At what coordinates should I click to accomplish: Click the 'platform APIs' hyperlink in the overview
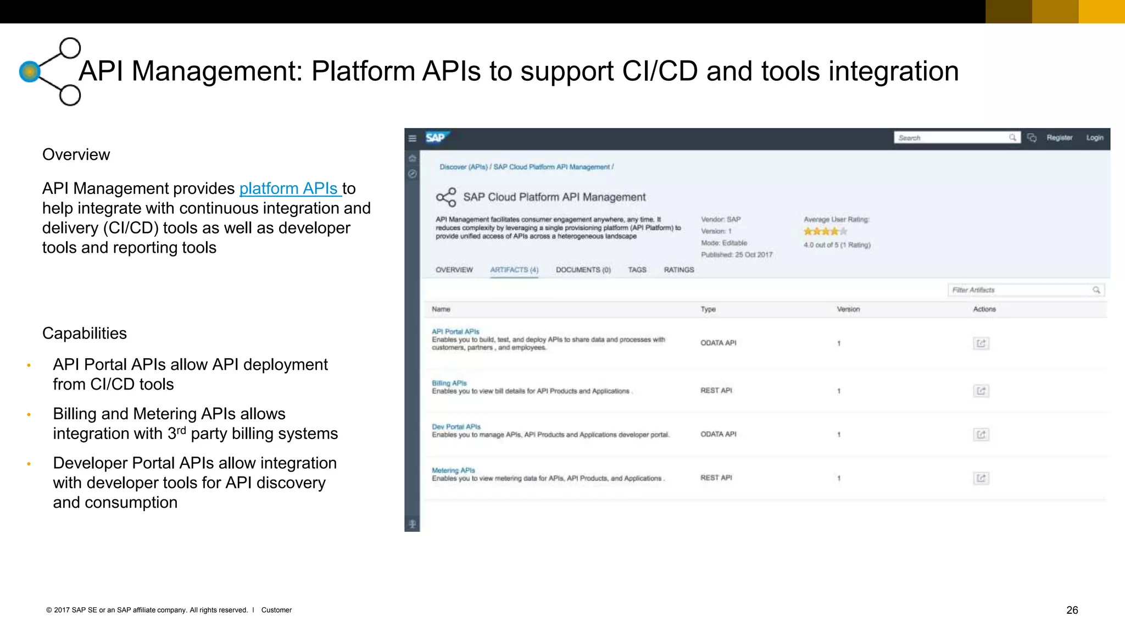pyautogui.click(x=289, y=188)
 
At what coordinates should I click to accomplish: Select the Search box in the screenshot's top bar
pyautogui.click(x=953, y=137)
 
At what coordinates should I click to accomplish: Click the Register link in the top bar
pyautogui.click(x=1059, y=137)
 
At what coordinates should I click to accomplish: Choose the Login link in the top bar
pyautogui.click(x=1094, y=137)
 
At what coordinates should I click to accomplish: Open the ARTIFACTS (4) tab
pyautogui.click(x=514, y=270)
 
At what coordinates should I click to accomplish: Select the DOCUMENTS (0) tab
pyautogui.click(x=583, y=270)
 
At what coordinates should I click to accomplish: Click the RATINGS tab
pyautogui.click(x=678, y=270)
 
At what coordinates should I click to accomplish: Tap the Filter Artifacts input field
pyautogui.click(x=1022, y=290)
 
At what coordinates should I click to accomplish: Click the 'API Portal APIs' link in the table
pyautogui.click(x=455, y=331)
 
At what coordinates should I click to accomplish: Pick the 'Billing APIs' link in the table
pyautogui.click(x=449, y=383)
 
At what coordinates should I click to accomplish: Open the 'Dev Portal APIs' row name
pyautogui.click(x=456, y=426)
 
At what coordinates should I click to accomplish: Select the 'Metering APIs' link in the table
pyautogui.click(x=453, y=470)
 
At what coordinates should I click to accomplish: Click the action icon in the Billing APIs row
pyautogui.click(x=981, y=391)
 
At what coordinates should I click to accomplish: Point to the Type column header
pyautogui.click(x=708, y=309)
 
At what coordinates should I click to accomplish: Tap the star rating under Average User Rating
pyautogui.click(x=825, y=231)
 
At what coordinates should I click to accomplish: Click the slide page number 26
pyautogui.click(x=1072, y=610)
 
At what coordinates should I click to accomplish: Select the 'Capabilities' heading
pyautogui.click(x=85, y=334)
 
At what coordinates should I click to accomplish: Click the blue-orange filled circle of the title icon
pyautogui.click(x=30, y=71)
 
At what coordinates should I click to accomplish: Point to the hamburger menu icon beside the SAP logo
pyautogui.click(x=413, y=138)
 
